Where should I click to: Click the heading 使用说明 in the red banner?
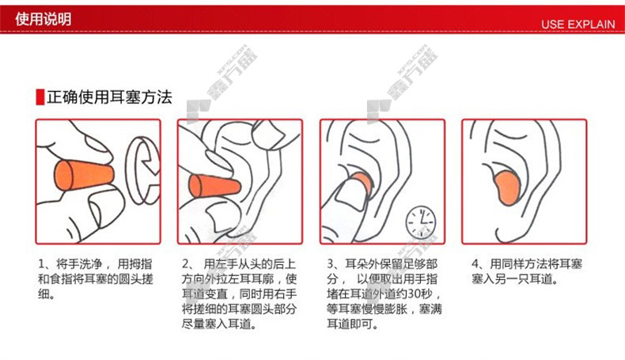coord(43,19)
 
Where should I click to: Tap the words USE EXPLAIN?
coord(578,25)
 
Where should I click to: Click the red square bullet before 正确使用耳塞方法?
coord(40,97)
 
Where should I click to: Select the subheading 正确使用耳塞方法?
coord(109,97)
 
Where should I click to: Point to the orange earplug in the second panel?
coord(214,187)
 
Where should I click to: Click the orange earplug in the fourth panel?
coord(507,188)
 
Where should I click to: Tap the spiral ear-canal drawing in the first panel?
coord(142,170)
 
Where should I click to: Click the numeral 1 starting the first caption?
coord(41,264)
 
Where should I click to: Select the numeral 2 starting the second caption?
coord(185,264)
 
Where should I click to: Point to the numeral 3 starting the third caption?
coord(331,264)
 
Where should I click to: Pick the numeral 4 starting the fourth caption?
coord(475,264)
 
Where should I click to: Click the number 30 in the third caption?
coord(415,294)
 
